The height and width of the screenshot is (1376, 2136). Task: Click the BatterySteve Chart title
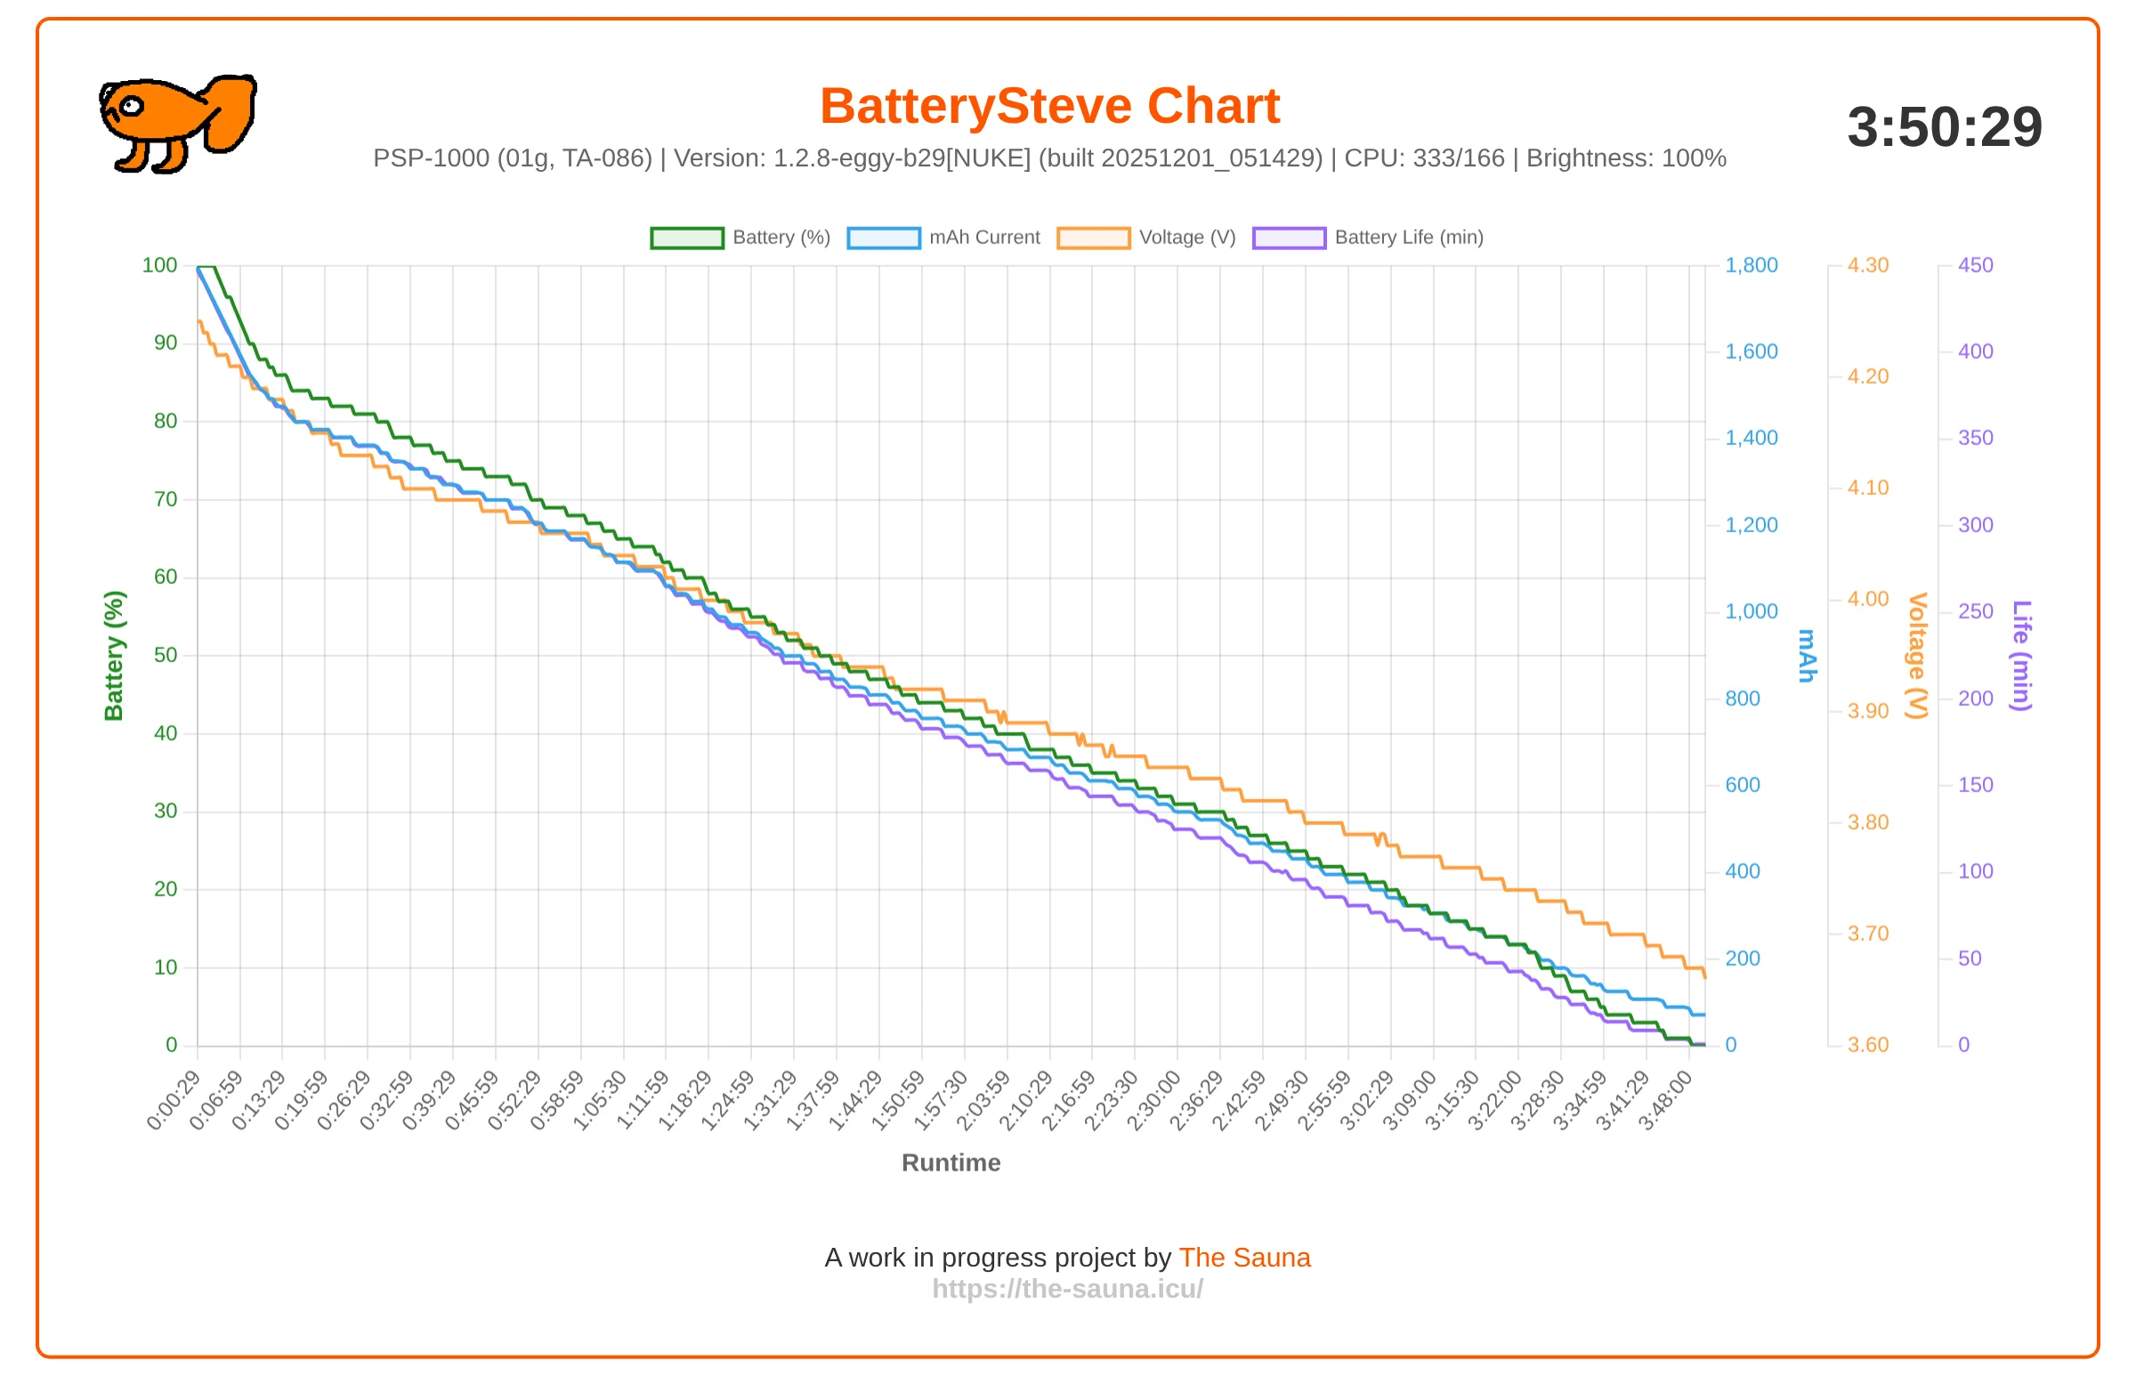click(x=1049, y=106)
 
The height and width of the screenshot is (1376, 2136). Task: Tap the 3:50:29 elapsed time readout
click(x=1945, y=127)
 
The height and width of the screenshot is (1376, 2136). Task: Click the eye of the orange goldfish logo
click(x=131, y=106)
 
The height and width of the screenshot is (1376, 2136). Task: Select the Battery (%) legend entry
click(x=740, y=238)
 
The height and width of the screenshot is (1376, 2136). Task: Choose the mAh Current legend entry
click(x=943, y=238)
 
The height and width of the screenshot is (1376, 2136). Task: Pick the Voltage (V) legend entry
click(x=1146, y=238)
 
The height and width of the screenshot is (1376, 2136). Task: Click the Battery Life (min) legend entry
click(x=1368, y=238)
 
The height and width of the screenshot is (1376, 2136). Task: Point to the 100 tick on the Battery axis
click(x=160, y=265)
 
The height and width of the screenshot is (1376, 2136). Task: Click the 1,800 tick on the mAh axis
click(x=1751, y=265)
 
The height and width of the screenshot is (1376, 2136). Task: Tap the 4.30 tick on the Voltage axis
click(x=1868, y=265)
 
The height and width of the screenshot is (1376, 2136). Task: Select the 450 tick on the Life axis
click(x=1975, y=265)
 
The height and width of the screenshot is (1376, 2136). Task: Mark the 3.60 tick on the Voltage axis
click(x=1868, y=1045)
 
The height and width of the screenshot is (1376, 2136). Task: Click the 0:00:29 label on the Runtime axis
click(x=174, y=1100)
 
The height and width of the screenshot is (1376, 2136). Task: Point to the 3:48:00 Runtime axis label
click(x=1665, y=1100)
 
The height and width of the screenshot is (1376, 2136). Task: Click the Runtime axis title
click(x=951, y=1162)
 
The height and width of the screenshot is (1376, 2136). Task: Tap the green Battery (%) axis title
click(x=113, y=656)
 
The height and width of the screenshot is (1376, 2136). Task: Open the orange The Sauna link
click(x=1244, y=1257)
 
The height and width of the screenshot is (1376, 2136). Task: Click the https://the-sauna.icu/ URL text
click(x=1067, y=1289)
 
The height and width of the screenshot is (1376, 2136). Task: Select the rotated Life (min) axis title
click(x=2021, y=656)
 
